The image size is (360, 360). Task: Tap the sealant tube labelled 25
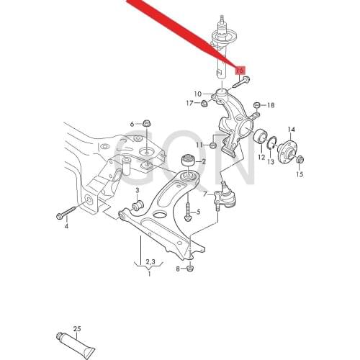75,338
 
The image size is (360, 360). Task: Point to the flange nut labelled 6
147,123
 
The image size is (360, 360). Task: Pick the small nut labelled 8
191,269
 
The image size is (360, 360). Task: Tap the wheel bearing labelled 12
260,137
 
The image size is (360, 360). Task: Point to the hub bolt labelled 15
299,161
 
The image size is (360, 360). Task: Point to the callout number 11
199,145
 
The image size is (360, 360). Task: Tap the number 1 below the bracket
150,273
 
